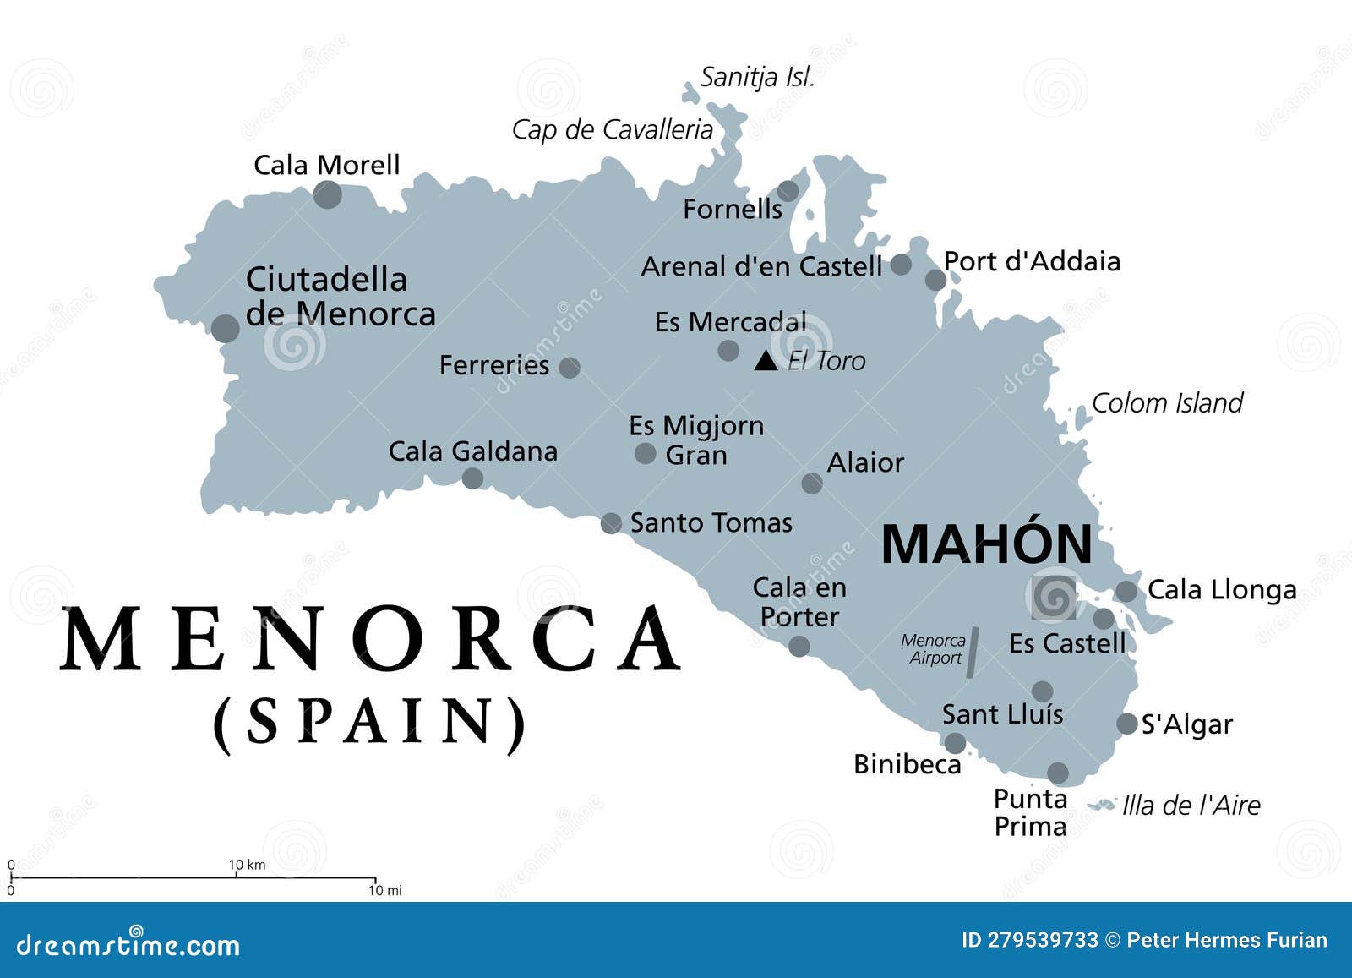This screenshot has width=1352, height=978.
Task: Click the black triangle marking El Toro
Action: point(766,361)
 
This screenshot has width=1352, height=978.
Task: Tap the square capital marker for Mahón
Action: point(1055,597)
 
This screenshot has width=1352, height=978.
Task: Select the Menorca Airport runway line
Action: point(973,652)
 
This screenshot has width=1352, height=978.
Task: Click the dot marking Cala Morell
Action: point(328,194)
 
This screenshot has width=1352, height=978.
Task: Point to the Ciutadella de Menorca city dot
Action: point(226,328)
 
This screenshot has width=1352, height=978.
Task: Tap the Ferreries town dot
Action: point(570,367)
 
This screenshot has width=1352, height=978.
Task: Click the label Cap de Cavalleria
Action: point(613,129)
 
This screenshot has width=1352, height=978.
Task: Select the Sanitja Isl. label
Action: point(757,77)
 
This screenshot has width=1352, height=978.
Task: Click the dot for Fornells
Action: point(788,191)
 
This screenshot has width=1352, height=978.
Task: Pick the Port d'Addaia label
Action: point(1032,261)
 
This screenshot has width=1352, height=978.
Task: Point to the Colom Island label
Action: point(1167,402)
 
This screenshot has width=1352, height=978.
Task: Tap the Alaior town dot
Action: point(812,483)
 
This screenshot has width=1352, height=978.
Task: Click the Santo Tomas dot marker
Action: point(611,523)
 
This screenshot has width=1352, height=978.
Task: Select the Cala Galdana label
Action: point(472,451)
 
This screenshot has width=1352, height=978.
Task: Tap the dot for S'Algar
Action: point(1126,724)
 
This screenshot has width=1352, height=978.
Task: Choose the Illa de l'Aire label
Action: point(1191,805)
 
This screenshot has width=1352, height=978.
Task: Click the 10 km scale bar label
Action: point(247,864)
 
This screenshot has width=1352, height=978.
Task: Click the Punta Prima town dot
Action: point(1057,773)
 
